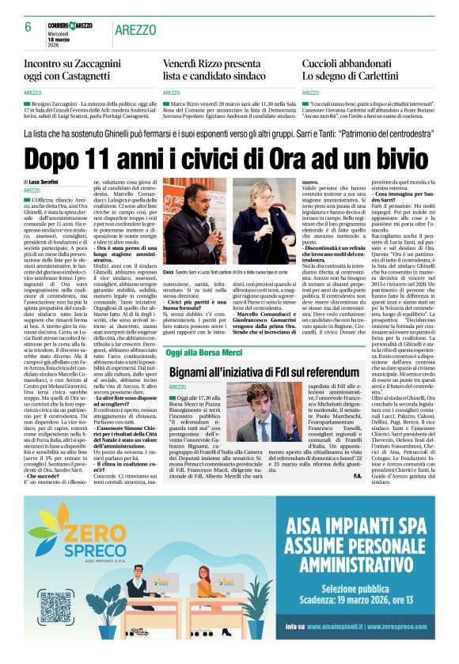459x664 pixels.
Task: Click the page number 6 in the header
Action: pyautogui.click(x=28, y=26)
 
